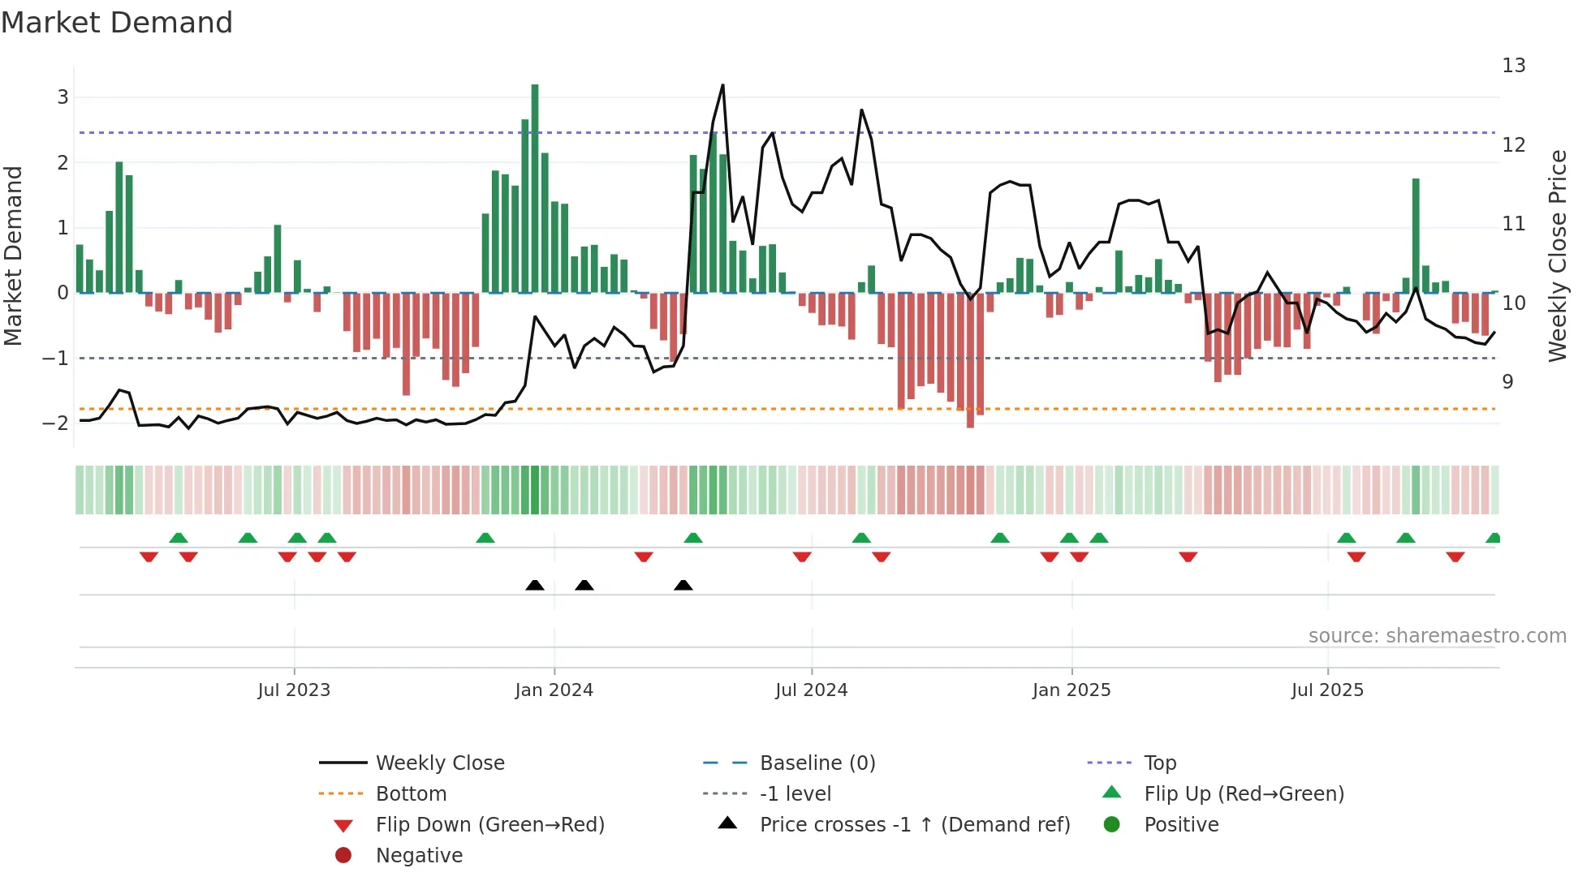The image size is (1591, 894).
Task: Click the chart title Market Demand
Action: (117, 23)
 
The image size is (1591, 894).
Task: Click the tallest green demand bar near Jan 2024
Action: (535, 187)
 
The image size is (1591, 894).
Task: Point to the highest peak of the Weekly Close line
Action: (722, 86)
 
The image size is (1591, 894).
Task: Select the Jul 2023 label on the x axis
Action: (294, 690)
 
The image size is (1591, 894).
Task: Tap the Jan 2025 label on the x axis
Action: (1071, 690)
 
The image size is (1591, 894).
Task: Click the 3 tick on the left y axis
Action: (63, 97)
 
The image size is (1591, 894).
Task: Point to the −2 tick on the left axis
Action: (57, 423)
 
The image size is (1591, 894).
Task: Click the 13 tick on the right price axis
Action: (1514, 66)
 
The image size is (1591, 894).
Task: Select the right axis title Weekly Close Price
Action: (1557, 256)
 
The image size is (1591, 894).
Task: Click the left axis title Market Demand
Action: (13, 256)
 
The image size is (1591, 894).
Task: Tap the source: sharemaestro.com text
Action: (1437, 636)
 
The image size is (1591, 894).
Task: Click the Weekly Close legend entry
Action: (439, 763)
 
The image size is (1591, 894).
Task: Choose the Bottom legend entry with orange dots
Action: (411, 794)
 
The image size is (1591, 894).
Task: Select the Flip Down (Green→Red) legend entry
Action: (489, 825)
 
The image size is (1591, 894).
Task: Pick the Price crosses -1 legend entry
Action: (915, 825)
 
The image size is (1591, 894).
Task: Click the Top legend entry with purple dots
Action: (1160, 763)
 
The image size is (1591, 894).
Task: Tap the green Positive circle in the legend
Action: (1112, 825)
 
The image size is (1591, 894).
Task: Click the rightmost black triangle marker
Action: (683, 586)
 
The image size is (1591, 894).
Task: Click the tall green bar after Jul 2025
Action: (1416, 235)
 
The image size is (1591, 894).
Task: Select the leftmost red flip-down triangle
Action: (149, 557)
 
